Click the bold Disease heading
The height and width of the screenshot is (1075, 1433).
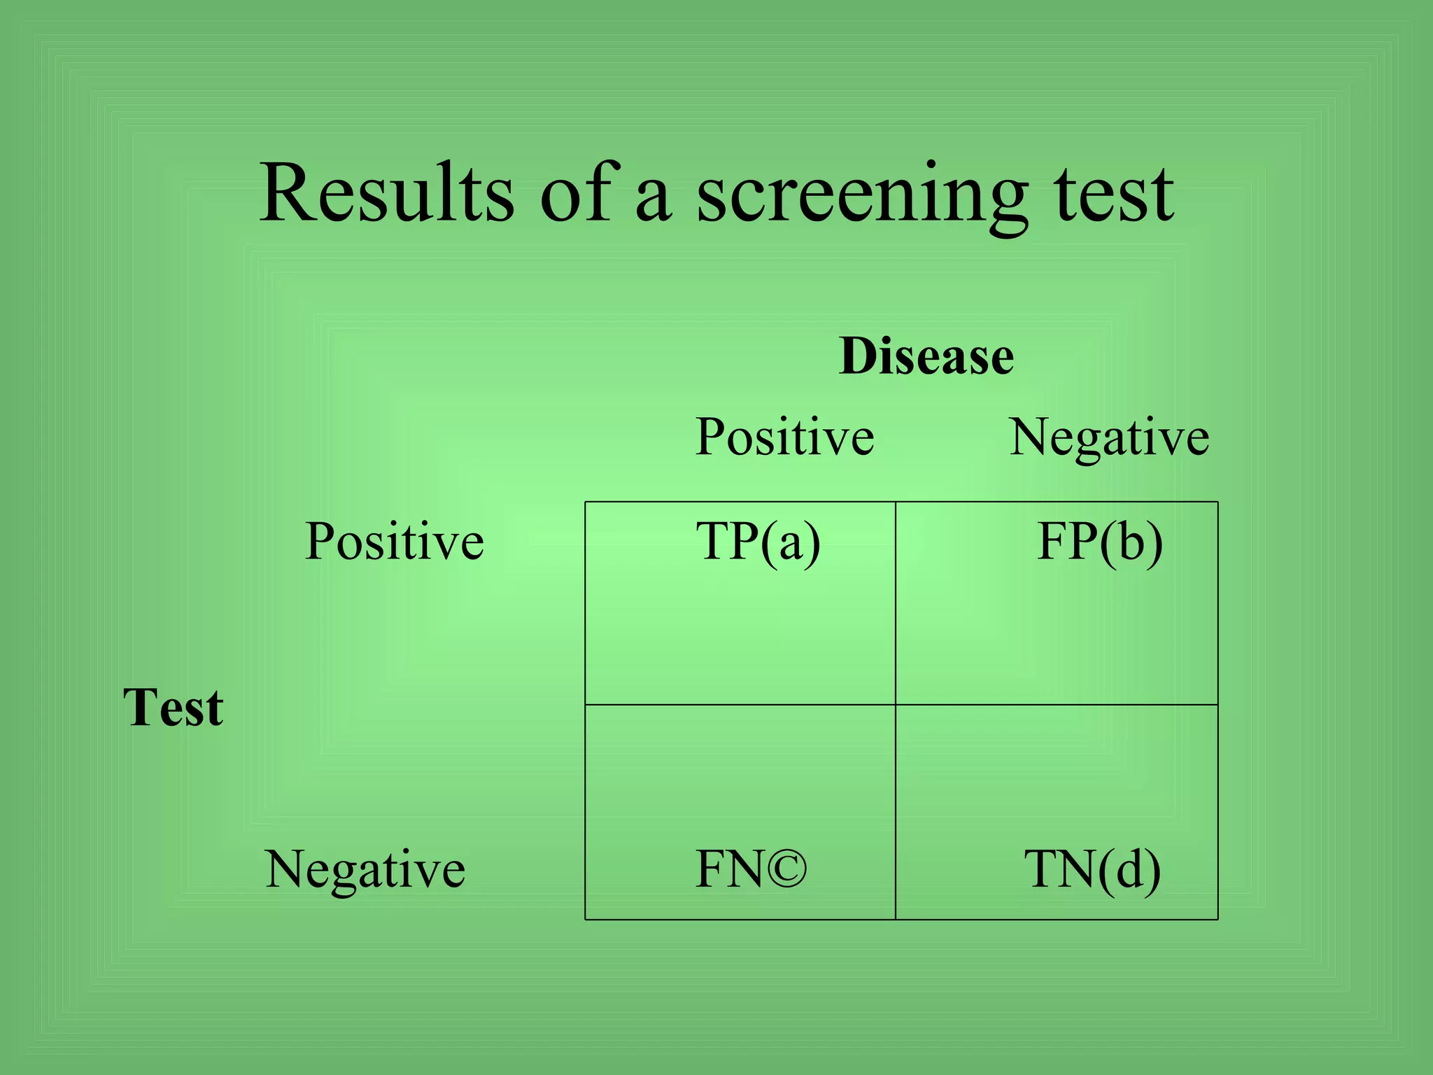click(x=926, y=356)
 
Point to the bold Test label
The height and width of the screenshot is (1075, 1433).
click(x=173, y=708)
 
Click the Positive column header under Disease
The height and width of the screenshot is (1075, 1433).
click(x=784, y=437)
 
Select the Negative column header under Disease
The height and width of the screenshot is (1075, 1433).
click(x=1109, y=438)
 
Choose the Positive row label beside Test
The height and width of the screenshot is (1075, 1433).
click(x=395, y=542)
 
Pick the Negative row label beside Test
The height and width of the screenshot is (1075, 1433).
click(x=365, y=870)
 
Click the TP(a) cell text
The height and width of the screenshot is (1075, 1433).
click(x=758, y=542)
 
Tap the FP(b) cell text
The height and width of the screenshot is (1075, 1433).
click(x=1099, y=542)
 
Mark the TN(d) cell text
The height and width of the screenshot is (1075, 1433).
click(x=1092, y=870)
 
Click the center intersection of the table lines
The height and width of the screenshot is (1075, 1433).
click(x=896, y=704)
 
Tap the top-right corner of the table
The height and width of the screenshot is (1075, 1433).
click(x=1218, y=502)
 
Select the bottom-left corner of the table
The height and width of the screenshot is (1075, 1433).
click(x=585, y=919)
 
